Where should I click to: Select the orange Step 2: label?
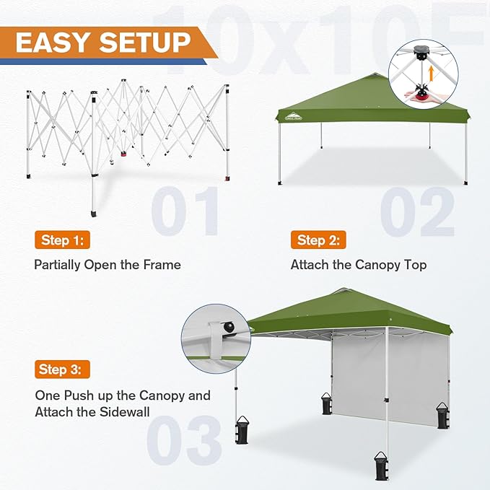[x=318, y=240]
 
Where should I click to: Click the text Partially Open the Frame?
[x=108, y=265]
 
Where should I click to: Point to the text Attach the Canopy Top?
[x=359, y=265]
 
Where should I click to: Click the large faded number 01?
[x=185, y=211]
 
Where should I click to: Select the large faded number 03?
[x=184, y=437]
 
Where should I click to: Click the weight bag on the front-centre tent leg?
[x=380, y=466]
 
